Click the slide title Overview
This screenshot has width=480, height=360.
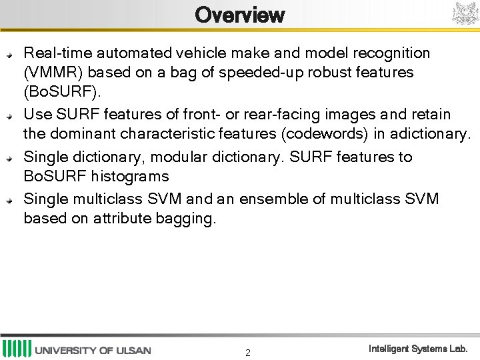[x=240, y=15]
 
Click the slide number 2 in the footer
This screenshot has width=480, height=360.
[x=247, y=353]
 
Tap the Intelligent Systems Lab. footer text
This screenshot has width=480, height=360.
[x=419, y=349]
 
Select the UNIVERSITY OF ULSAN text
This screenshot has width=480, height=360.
[x=93, y=350]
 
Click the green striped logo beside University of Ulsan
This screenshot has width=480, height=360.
[x=17, y=349]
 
